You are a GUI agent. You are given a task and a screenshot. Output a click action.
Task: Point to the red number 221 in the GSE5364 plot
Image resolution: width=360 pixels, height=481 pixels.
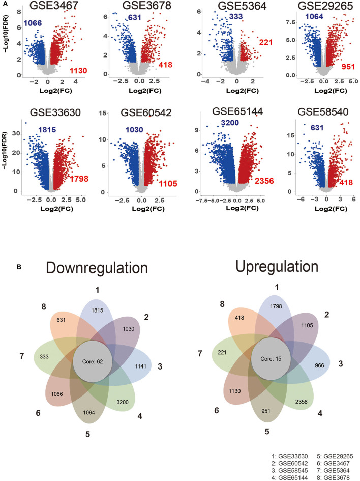coord(266,42)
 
